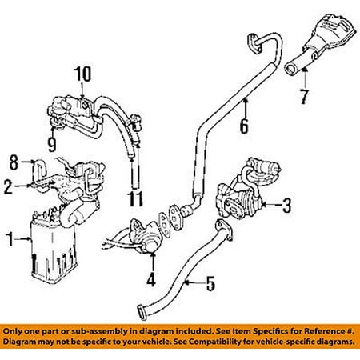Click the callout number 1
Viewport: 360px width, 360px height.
coord(10,239)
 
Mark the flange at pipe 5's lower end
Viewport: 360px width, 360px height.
coord(143,312)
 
